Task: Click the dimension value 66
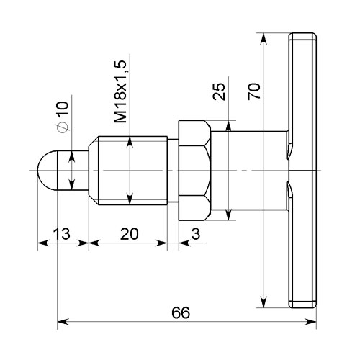(181, 312)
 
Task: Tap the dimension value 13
(62, 233)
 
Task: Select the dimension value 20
(130, 234)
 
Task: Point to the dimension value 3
(196, 234)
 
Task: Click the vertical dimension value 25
(219, 91)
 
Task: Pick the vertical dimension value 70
(254, 91)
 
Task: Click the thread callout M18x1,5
(120, 91)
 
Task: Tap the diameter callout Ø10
(63, 117)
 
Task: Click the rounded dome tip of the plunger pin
(48, 171)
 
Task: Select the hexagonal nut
(194, 171)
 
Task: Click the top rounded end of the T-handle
(302, 36)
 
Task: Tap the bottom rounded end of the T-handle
(302, 305)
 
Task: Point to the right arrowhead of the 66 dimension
(310, 322)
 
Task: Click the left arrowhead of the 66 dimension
(63, 322)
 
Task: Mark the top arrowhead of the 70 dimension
(264, 39)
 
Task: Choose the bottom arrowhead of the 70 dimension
(264, 302)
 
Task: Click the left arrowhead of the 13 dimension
(44, 243)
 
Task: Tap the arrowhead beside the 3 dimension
(185, 243)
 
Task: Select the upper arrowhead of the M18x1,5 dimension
(130, 143)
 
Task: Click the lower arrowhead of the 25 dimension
(228, 215)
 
